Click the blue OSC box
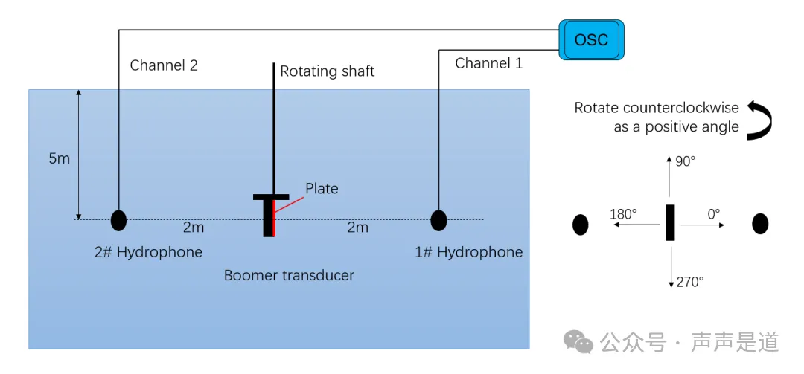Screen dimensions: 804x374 (x=591, y=39)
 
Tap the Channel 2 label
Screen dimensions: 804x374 (x=164, y=65)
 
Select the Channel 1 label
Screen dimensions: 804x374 (x=488, y=63)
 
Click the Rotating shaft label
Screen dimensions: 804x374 (x=327, y=71)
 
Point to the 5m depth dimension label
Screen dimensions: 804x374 (x=59, y=159)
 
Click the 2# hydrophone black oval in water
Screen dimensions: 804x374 (x=118, y=220)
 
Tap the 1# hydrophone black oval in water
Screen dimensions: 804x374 (x=438, y=220)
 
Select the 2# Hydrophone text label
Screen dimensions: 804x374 (x=148, y=252)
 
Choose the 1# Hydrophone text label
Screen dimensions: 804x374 (x=469, y=252)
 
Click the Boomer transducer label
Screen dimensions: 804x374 (x=289, y=276)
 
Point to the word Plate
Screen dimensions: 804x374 (x=322, y=189)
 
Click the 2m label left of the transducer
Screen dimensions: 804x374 (x=194, y=228)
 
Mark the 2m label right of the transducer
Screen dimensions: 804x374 (x=358, y=228)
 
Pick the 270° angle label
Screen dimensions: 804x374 (x=690, y=282)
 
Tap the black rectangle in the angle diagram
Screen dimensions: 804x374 (x=670, y=222)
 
